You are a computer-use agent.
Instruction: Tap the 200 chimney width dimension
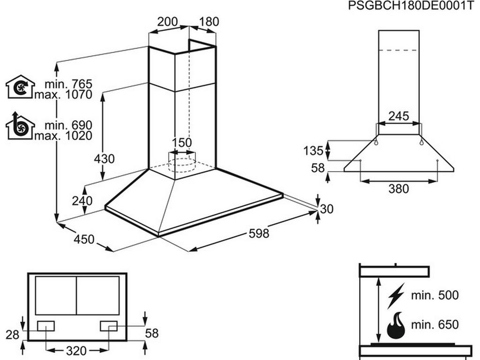[168, 22]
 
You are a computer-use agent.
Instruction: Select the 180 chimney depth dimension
[209, 22]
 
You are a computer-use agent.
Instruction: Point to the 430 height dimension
[104, 159]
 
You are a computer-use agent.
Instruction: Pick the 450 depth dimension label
[84, 240]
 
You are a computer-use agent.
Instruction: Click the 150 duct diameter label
[182, 142]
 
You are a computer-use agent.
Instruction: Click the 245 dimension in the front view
[399, 115]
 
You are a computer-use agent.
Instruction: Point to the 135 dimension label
[313, 151]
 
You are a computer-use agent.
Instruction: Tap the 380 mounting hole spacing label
[399, 189]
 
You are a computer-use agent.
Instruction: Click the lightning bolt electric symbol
[397, 296]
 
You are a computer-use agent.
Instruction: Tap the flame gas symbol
[397, 325]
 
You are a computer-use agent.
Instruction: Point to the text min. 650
[435, 324]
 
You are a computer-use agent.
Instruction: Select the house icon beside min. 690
[20, 127]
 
